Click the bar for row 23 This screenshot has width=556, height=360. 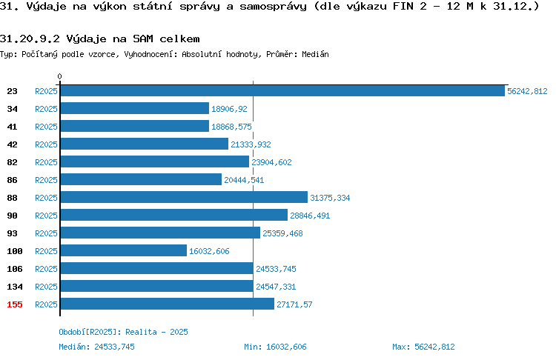pyautogui.click(x=282, y=90)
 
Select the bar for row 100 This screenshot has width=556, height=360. pyautogui.click(x=124, y=250)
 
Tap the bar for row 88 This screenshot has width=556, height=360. pyautogui.click(x=184, y=197)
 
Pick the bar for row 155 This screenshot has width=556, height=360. pyautogui.click(x=168, y=304)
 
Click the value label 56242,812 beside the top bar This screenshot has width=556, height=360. pyautogui.click(x=527, y=91)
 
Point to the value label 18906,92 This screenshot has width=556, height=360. pyautogui.click(x=229, y=109)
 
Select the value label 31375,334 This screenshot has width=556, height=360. pyautogui.click(x=330, y=198)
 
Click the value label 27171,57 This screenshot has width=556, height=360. pyautogui.click(x=294, y=304)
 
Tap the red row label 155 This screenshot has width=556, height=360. pyautogui.click(x=15, y=304)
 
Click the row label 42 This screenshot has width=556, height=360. pyautogui.click(x=12, y=144)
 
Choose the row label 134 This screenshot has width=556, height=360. pyautogui.click(x=15, y=287)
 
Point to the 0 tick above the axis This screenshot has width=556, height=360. pyautogui.click(x=59, y=76)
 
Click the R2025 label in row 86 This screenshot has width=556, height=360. pyautogui.click(x=46, y=180)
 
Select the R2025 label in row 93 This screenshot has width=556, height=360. pyautogui.click(x=46, y=233)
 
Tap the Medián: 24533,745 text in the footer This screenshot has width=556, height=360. pyautogui.click(x=97, y=347)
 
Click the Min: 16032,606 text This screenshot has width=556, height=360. pyautogui.click(x=275, y=347)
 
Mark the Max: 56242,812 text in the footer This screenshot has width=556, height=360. pyautogui.click(x=423, y=347)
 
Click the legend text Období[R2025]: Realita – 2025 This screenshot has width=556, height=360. pyautogui.click(x=123, y=332)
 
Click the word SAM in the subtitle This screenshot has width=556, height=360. pyautogui.click(x=143, y=39)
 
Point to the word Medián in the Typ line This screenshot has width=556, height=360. pyautogui.click(x=315, y=54)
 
